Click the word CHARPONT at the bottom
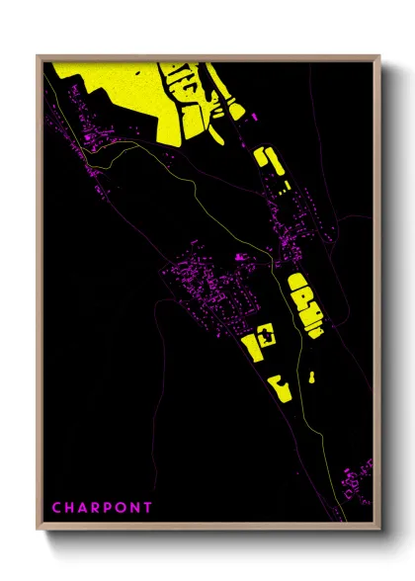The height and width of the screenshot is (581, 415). tap(103, 508)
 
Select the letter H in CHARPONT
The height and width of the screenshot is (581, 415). tap(70, 508)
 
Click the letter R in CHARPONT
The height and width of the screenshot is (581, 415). tap(96, 508)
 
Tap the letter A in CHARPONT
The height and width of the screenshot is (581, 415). tap(83, 508)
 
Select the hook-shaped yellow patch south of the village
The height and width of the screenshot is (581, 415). tap(281, 387)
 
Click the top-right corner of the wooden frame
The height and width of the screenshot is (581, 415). tap(379, 56)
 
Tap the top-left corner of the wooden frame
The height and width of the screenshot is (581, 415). tap(39, 56)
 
